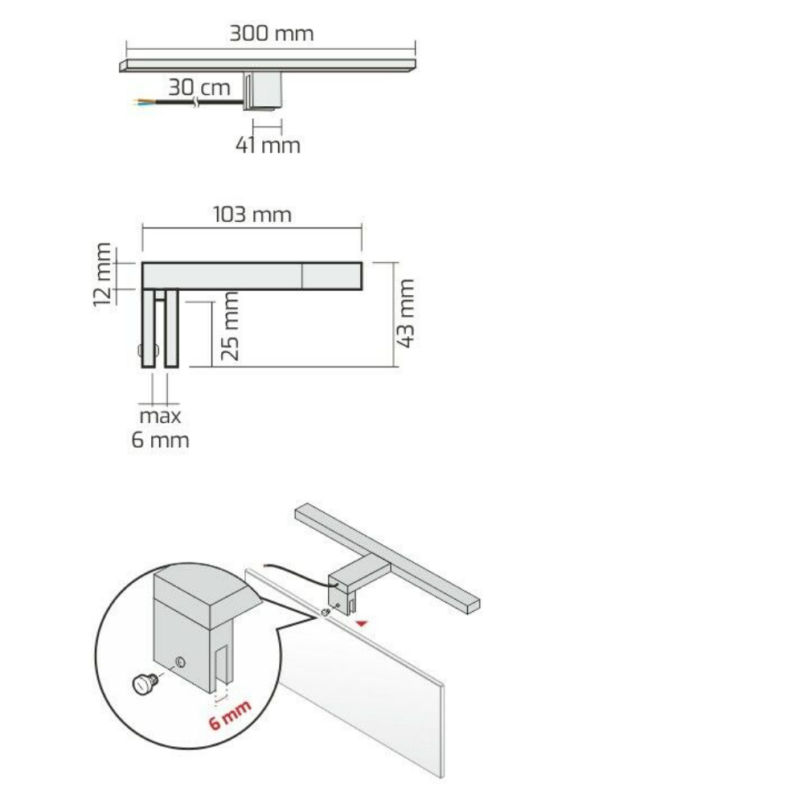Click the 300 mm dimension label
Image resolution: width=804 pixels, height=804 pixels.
click(271, 34)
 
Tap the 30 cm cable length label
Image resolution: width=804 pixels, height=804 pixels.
click(199, 86)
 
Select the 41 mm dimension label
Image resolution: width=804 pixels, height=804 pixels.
click(268, 146)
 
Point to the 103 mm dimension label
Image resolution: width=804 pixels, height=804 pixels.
click(252, 215)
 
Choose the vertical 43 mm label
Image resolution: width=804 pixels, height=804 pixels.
click(406, 313)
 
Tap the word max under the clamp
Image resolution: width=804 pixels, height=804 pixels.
click(160, 416)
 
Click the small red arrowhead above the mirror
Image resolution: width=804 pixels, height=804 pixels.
click(364, 621)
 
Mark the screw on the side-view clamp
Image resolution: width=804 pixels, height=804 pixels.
click(143, 351)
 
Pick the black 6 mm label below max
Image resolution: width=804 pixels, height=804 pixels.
click(160, 440)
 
